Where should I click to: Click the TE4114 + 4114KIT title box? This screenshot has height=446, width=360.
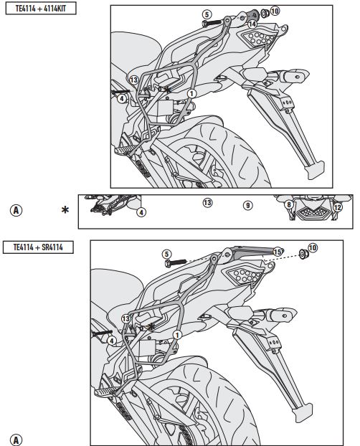click(41, 9)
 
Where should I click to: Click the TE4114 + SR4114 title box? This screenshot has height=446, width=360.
click(38, 247)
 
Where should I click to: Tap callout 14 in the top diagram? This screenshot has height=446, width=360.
click(252, 24)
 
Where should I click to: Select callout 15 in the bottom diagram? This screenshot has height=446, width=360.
click(278, 252)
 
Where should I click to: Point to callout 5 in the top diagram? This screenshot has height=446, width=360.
click(207, 14)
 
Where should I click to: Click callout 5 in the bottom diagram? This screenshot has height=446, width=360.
click(167, 254)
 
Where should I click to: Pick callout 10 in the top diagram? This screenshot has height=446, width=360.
click(275, 11)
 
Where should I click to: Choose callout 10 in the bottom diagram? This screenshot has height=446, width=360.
click(313, 248)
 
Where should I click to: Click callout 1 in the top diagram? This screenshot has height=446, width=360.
click(191, 93)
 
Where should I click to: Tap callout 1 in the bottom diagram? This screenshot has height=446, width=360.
click(177, 335)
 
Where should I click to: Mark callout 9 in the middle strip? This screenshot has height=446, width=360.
click(248, 205)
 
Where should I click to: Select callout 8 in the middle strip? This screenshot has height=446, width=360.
click(289, 204)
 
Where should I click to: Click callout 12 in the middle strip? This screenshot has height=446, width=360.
click(337, 207)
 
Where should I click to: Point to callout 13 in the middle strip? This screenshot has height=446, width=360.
click(207, 203)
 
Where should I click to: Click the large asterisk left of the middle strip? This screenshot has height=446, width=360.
click(65, 210)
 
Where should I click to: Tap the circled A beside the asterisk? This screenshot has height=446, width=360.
click(16, 211)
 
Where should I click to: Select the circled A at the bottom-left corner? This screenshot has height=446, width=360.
click(16, 440)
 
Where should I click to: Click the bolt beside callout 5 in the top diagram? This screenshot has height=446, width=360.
click(212, 22)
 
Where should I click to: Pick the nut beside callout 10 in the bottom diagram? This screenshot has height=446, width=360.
click(303, 253)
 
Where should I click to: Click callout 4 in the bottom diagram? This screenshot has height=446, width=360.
click(112, 341)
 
